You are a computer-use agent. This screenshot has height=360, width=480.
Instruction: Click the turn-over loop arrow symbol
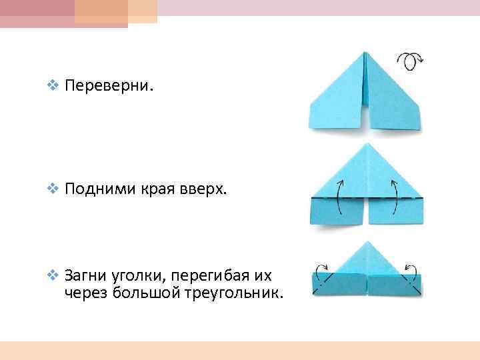(x=410, y=61)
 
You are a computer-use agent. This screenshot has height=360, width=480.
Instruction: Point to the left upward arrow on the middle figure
(x=339, y=195)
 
